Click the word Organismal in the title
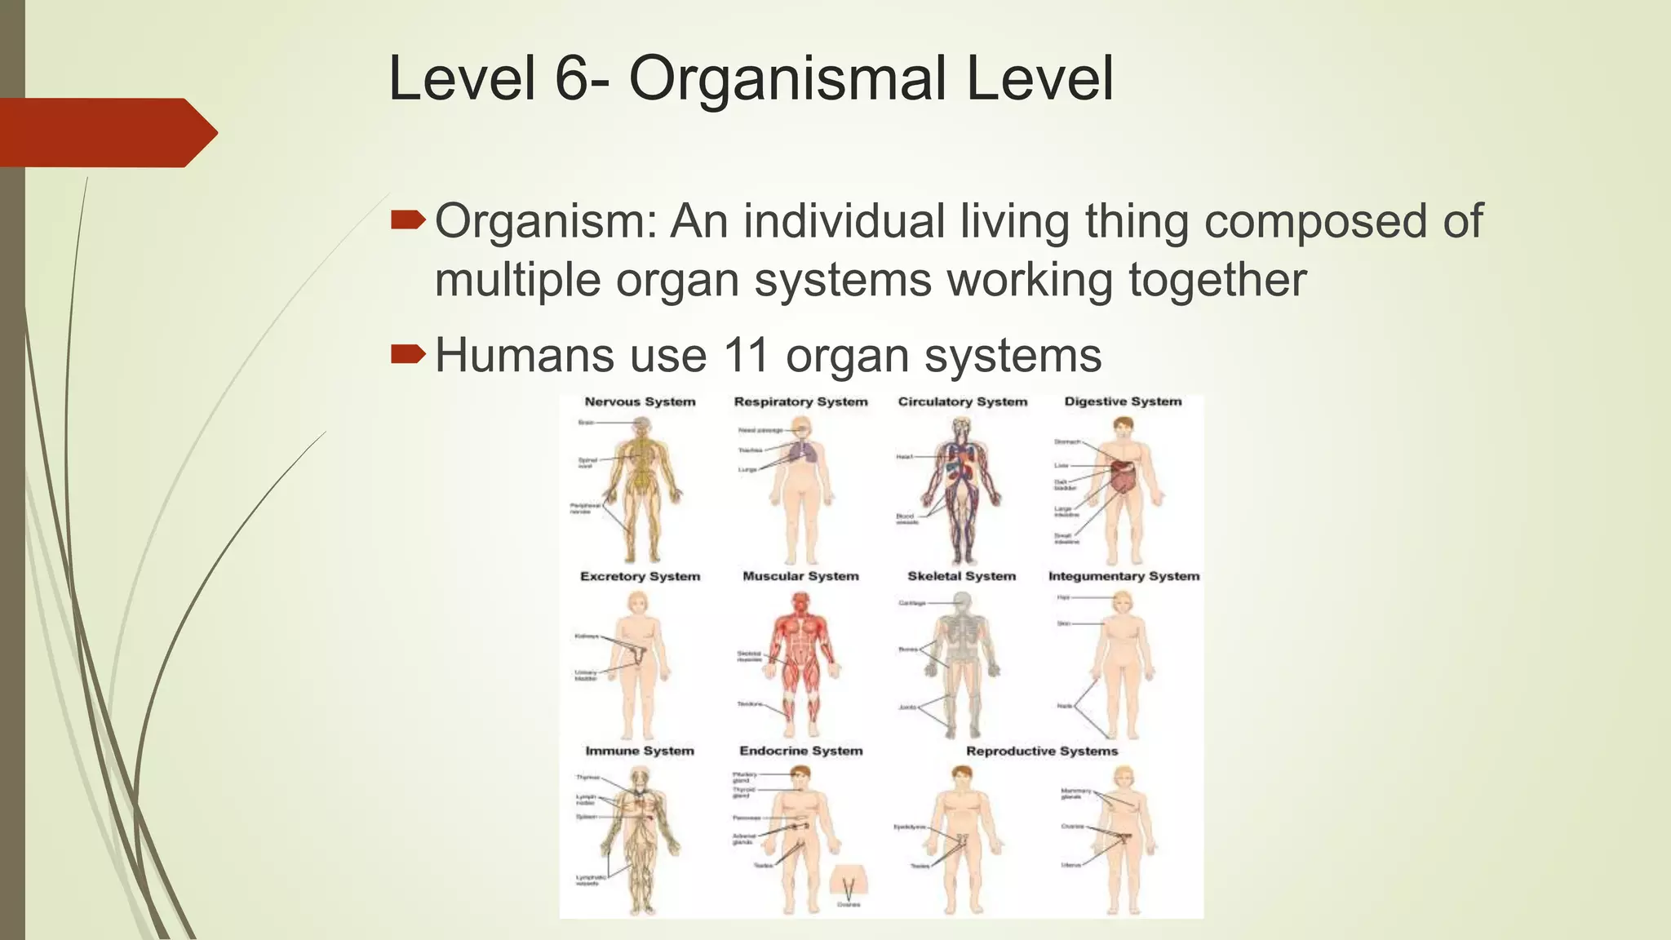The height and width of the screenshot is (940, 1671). click(x=788, y=79)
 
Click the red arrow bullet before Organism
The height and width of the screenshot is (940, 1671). click(x=408, y=219)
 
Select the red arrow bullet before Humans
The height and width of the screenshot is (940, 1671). click(x=408, y=354)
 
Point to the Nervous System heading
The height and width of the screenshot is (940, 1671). click(x=640, y=401)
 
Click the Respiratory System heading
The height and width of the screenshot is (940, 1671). click(x=800, y=401)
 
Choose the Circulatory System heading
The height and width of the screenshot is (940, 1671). click(x=963, y=401)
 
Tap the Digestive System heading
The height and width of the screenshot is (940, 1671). click(x=1123, y=401)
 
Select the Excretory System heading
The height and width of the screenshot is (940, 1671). click(x=640, y=576)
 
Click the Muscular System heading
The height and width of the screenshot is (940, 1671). click(x=800, y=576)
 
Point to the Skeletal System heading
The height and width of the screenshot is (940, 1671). click(x=962, y=576)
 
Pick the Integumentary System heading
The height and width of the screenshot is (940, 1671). click(x=1124, y=576)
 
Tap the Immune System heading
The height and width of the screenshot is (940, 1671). click(x=640, y=751)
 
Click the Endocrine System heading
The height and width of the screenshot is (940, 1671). click(x=800, y=751)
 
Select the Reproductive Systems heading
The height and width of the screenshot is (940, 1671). click(x=1042, y=751)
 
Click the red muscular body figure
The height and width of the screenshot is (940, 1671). click(x=801, y=661)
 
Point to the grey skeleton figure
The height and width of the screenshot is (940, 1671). click(x=963, y=661)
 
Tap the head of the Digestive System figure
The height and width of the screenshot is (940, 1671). click(x=1124, y=427)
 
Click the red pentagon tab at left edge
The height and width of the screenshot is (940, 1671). click(x=106, y=132)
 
